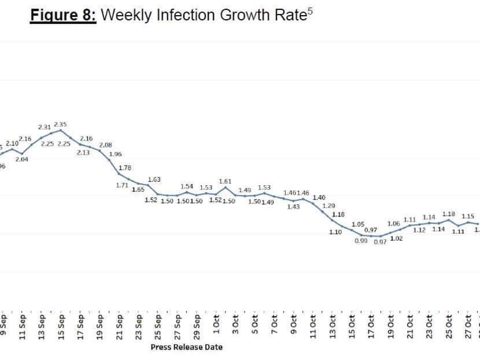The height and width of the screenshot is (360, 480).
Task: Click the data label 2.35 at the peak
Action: [x=61, y=124]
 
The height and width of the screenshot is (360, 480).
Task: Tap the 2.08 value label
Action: [x=106, y=145]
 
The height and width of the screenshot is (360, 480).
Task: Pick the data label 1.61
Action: [x=225, y=182]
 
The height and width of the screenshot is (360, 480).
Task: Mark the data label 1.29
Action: [x=328, y=206]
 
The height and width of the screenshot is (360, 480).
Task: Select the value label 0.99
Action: [x=360, y=241]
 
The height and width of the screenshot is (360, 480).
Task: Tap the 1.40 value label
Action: [x=319, y=197]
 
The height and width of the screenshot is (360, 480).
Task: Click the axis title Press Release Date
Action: [x=186, y=347]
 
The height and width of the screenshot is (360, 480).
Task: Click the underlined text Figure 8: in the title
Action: [x=64, y=15]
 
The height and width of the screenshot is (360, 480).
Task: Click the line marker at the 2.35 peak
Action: [x=61, y=130]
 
